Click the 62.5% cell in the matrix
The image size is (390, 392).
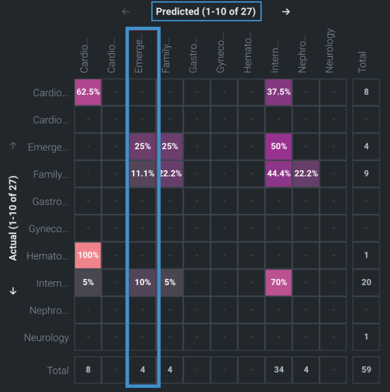point(88,92)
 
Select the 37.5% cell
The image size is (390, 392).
point(279,92)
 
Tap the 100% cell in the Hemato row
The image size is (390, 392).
point(88,255)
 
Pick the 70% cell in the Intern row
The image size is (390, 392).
point(279,282)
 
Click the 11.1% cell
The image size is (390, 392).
point(143,174)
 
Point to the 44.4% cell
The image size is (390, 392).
point(279,174)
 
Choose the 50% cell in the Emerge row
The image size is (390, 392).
point(279,146)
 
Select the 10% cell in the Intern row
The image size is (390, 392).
point(143,282)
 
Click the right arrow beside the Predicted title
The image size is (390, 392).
point(286,12)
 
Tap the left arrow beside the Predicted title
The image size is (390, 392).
point(126,12)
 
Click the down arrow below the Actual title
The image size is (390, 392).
point(13,291)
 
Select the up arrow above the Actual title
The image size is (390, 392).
point(13,146)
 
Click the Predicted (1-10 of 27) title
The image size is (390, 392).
point(206,12)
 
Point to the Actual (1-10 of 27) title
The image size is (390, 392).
point(13,218)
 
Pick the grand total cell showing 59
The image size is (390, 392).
point(366,370)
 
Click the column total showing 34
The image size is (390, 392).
point(279,370)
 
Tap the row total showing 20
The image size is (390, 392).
point(366,282)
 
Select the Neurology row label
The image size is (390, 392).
point(47,338)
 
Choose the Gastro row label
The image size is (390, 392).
point(50,201)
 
